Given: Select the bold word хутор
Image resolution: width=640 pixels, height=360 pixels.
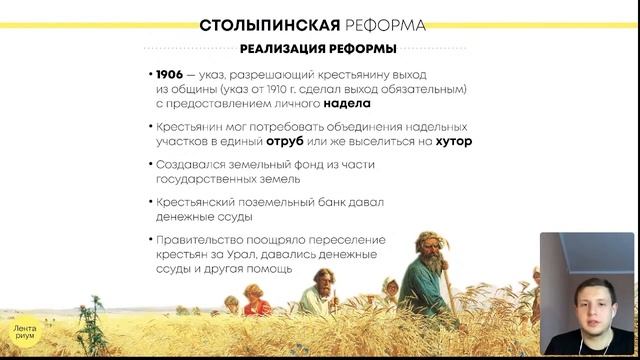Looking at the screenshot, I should pos(454,142).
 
